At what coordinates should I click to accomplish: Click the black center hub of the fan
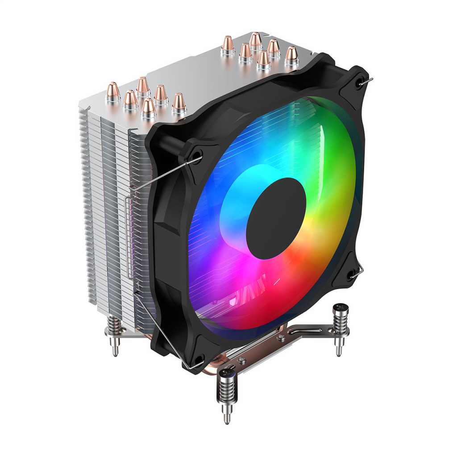(276, 219)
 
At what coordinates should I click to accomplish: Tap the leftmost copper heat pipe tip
(112, 91)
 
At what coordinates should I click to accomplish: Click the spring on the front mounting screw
(227, 393)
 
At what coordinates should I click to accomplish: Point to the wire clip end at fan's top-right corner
(369, 80)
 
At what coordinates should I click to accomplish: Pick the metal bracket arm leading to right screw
(308, 331)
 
